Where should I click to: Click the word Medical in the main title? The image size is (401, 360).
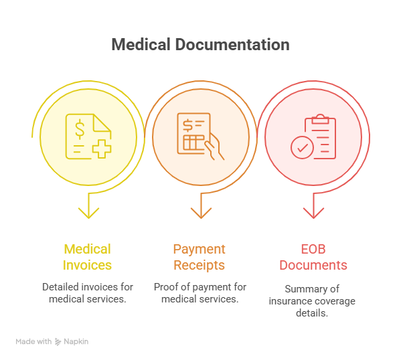[141, 45]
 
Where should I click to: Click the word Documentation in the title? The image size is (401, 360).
[232, 45]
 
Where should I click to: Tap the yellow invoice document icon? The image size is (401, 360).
[88, 137]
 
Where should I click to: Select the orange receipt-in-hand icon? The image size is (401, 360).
[201, 137]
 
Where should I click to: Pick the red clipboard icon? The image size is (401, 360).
[320, 137]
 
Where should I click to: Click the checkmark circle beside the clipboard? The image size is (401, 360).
[302, 147]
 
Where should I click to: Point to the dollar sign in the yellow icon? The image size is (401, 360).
[80, 129]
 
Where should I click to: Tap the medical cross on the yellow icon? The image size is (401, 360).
[102, 149]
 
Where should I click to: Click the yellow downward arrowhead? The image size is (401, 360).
[88, 213]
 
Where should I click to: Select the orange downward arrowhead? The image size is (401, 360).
[201, 213]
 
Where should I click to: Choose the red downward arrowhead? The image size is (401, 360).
[313, 213]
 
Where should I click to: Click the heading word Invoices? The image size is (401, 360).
[87, 265]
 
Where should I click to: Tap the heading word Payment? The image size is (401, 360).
[199, 250]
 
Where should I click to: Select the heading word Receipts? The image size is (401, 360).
[199, 265]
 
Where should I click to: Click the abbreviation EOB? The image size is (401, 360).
[313, 250]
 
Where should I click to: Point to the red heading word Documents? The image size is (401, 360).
[313, 265]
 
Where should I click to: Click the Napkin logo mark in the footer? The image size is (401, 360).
[58, 342]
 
